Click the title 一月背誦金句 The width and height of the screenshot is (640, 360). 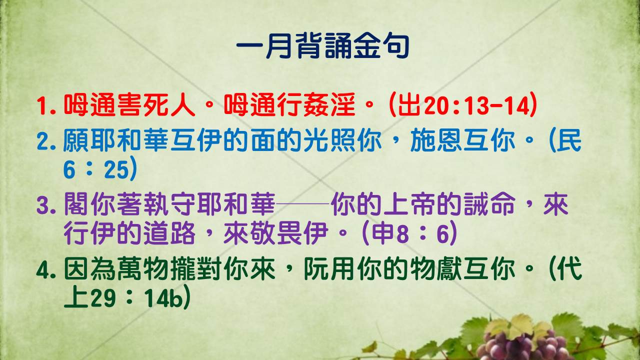[323, 45]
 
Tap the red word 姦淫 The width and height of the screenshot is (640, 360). [329, 105]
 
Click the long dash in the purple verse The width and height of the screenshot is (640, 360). [303, 203]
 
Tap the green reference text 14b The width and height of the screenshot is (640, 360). [162, 298]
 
